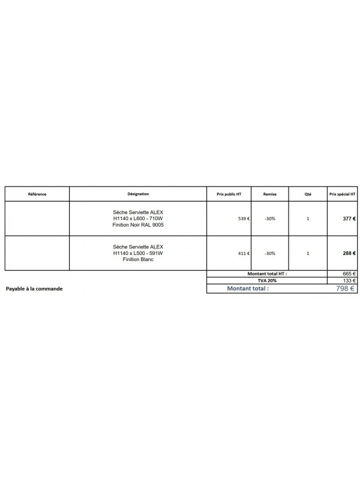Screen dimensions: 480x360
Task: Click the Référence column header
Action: click(37, 194)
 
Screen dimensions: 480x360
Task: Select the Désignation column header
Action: click(138, 194)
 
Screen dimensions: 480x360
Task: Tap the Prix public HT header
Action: click(229, 194)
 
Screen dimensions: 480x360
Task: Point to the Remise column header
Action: click(269, 194)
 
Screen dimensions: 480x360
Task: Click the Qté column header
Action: click(308, 194)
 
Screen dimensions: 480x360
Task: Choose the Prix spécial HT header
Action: click(342, 194)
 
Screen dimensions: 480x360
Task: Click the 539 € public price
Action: click(244, 219)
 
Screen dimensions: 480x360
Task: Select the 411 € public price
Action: click(244, 253)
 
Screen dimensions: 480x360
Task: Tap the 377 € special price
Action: click(349, 219)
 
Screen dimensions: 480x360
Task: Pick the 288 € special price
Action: click(349, 253)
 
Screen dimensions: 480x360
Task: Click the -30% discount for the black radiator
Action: click(269, 219)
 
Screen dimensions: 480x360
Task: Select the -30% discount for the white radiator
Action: click(269, 253)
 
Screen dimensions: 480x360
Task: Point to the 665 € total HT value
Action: click(349, 273)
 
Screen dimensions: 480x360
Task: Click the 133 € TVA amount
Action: click(349, 280)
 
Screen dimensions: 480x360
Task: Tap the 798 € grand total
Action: click(346, 289)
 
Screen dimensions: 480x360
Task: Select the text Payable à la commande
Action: click(34, 289)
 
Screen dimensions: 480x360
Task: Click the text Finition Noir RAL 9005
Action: click(138, 225)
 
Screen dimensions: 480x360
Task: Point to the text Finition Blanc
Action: click(138, 259)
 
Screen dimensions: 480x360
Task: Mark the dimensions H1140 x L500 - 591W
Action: click(138, 253)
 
